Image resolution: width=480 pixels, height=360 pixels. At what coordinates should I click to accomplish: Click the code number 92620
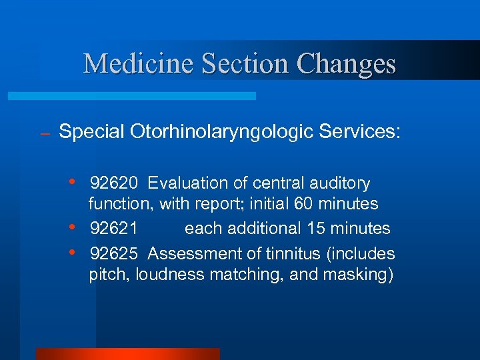(114, 183)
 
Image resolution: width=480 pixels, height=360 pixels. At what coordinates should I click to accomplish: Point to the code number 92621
(114, 229)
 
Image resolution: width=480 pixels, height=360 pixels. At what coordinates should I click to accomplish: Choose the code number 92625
(114, 254)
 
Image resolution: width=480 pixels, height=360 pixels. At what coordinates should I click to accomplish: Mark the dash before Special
(45, 134)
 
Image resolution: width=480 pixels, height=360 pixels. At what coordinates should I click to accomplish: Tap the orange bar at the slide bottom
(127, 354)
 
